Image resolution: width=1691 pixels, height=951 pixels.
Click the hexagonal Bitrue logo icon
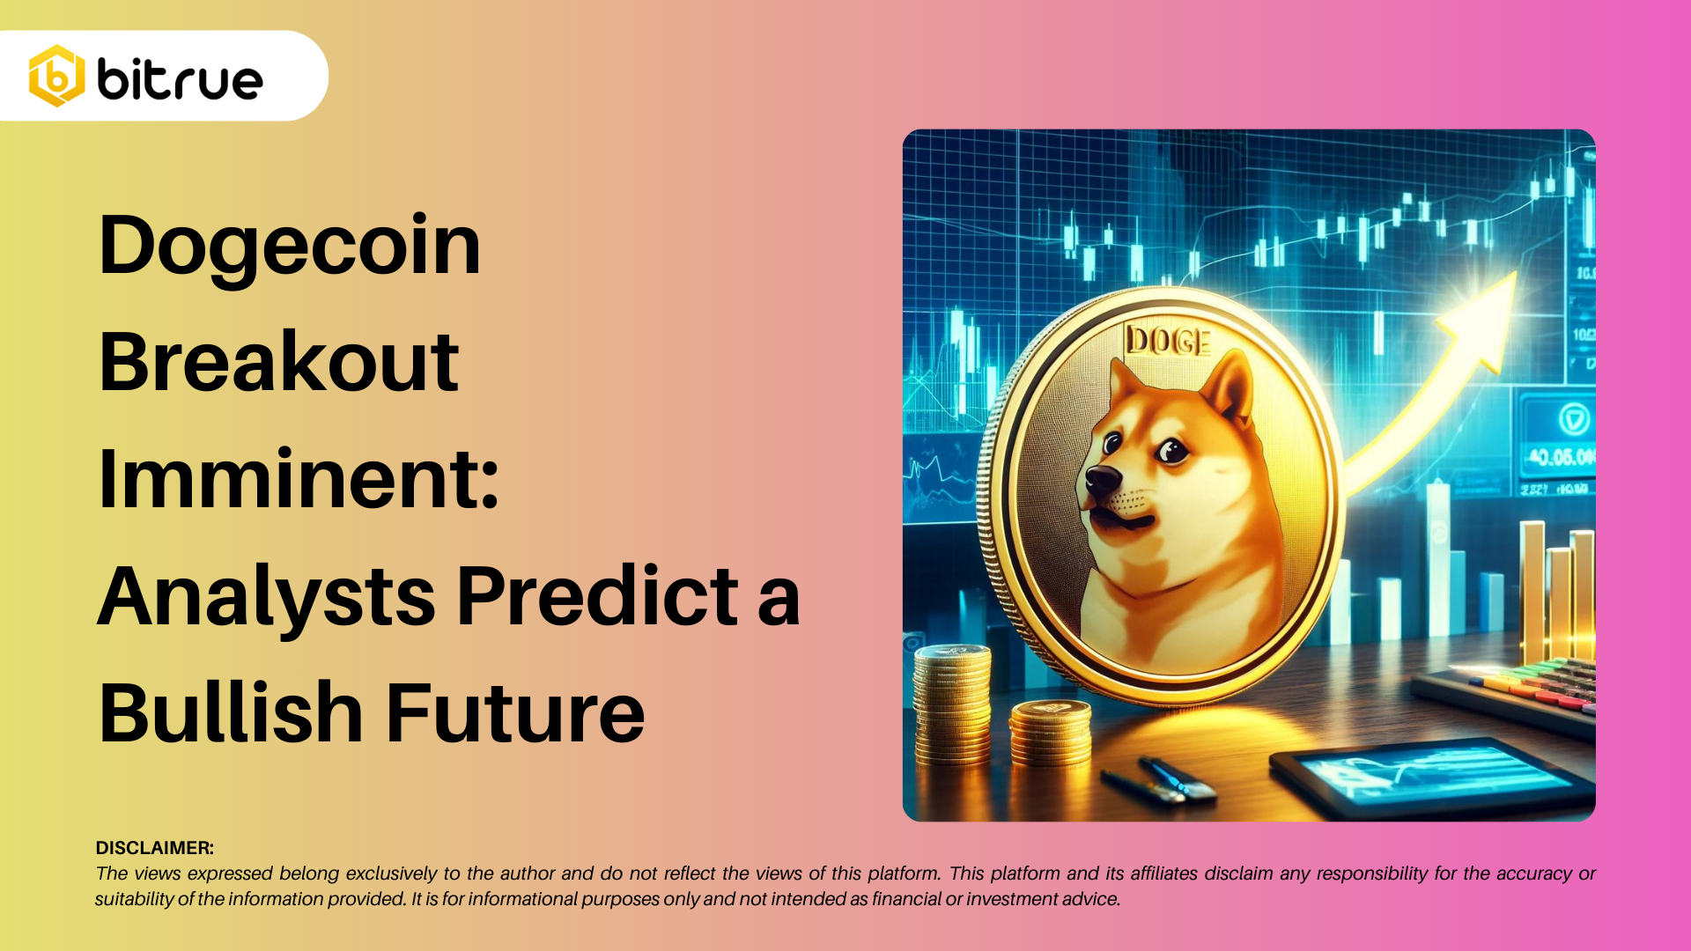[x=56, y=77]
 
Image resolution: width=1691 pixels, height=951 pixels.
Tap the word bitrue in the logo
[x=181, y=79]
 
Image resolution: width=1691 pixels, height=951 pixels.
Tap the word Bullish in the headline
[x=231, y=713]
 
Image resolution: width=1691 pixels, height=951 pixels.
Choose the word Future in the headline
[x=515, y=713]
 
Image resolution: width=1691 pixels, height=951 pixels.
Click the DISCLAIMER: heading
[x=155, y=848]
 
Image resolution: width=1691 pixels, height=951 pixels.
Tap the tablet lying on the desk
[x=1431, y=775]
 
